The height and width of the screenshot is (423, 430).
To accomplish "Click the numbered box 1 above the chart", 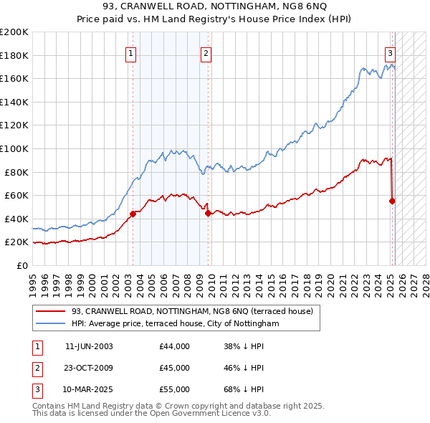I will click(x=132, y=52).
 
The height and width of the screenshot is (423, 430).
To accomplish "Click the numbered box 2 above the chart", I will click(x=206, y=52).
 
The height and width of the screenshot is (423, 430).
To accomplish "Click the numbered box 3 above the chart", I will click(x=391, y=52).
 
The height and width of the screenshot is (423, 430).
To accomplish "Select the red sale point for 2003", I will click(x=133, y=214).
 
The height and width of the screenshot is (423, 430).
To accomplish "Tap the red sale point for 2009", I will click(x=208, y=212).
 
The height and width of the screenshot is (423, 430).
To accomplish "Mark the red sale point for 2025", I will click(x=392, y=201).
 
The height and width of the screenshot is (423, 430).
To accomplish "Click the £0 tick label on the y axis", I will click(x=21, y=265).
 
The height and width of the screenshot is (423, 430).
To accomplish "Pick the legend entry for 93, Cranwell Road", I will click(x=192, y=312).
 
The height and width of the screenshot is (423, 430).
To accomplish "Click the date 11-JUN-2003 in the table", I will click(x=89, y=346).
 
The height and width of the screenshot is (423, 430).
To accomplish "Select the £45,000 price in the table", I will click(x=174, y=368).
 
